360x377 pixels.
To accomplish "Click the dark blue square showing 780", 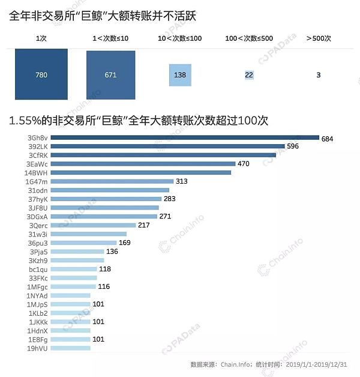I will click(x=41, y=74).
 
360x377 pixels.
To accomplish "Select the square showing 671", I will click(x=111, y=74).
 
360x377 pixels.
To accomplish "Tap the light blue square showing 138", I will click(x=179, y=74).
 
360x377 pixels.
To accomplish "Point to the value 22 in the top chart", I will click(x=249, y=74).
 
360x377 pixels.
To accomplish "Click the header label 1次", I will click(x=41, y=38).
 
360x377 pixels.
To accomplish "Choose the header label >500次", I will click(x=318, y=38).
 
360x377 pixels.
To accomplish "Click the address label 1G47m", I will click(x=37, y=181).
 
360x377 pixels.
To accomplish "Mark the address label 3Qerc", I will click(x=38, y=225).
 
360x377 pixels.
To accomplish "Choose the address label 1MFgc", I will click(x=37, y=286).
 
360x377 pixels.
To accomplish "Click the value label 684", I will click(x=327, y=138).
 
